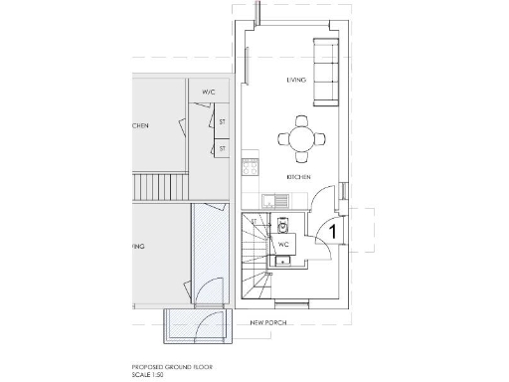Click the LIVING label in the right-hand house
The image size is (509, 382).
295,80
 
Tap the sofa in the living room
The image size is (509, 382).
324,73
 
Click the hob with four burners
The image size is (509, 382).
250,167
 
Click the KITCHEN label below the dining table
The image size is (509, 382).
299,176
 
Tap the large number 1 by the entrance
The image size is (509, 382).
334,231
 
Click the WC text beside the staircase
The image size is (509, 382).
283,243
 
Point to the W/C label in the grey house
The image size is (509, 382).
209,93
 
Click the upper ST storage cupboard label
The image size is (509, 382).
223,122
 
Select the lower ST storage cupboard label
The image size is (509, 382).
223,148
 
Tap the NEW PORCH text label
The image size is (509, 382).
268,323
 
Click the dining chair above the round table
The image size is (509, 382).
301,120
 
